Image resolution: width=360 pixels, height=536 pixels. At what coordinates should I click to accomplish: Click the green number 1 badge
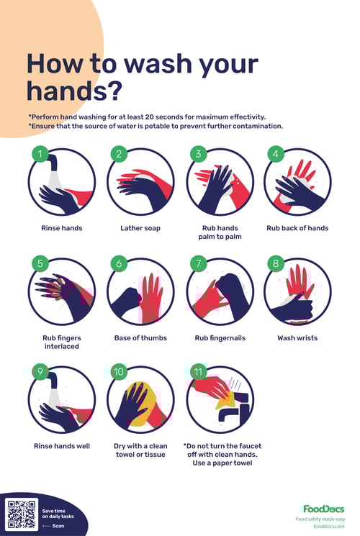[42, 154]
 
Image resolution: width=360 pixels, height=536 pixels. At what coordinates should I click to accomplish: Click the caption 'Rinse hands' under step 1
[61, 228]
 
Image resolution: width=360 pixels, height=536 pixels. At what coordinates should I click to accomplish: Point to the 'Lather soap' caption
[140, 228]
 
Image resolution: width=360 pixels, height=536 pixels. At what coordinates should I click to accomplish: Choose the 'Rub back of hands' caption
[297, 228]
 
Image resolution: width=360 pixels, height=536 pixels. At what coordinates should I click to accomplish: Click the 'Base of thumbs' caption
[140, 337]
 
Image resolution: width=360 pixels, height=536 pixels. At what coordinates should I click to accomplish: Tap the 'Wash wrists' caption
[297, 337]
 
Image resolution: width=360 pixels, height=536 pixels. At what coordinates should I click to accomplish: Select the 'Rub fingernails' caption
[219, 337]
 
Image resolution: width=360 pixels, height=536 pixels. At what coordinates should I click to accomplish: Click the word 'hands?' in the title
[74, 91]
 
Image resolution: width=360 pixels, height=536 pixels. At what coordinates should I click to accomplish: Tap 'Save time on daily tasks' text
[58, 514]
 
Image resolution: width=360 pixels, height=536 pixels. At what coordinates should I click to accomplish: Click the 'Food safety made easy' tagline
[320, 518]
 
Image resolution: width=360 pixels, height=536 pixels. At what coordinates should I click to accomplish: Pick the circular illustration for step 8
[297, 291]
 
